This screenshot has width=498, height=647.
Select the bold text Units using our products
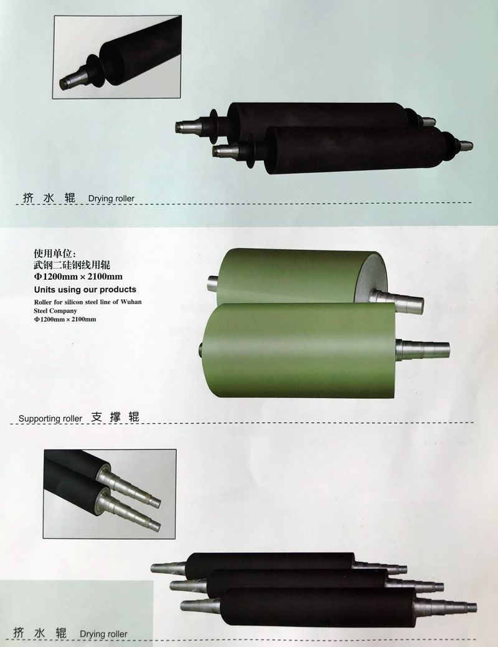pyautogui.click(x=85, y=289)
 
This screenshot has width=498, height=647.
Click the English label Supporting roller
pyautogui.click(x=50, y=418)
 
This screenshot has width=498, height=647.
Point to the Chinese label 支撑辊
pyautogui.click(x=115, y=416)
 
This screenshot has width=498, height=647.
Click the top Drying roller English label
pyautogui.click(x=111, y=198)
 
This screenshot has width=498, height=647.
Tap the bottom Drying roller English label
pyautogui.click(x=103, y=633)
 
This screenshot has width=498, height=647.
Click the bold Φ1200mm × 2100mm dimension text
pyautogui.click(x=78, y=276)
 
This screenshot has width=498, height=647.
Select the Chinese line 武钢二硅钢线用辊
pyautogui.click(x=72, y=264)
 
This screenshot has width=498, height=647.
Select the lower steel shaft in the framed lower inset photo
pyautogui.click(x=132, y=510)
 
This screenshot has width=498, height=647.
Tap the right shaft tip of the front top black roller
pyautogui.click(x=466, y=145)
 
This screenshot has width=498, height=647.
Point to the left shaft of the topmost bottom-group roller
pyautogui.click(x=169, y=567)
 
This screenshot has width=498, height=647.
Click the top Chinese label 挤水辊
pyautogui.click(x=49, y=198)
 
